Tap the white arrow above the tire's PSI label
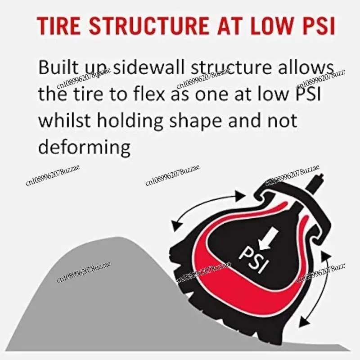[x=272, y=237]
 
